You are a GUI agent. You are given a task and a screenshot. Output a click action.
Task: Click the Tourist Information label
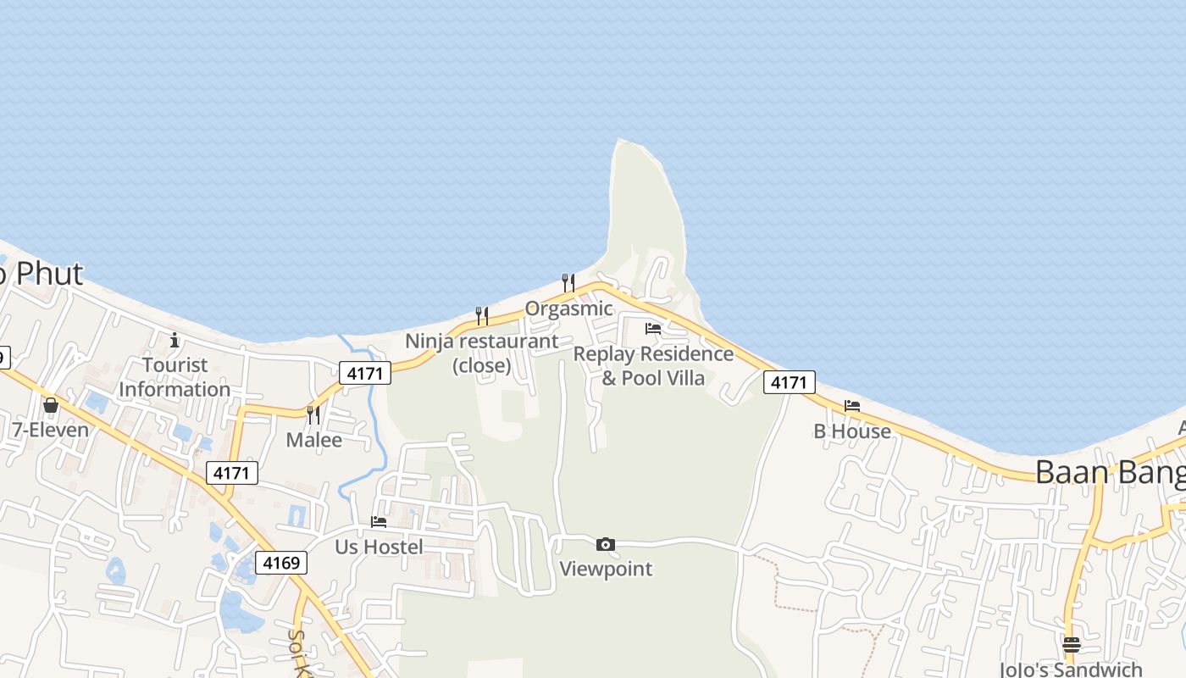(175, 377)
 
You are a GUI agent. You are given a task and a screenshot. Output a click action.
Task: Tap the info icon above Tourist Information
(175, 340)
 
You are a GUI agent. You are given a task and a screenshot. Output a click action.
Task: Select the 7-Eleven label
(50, 430)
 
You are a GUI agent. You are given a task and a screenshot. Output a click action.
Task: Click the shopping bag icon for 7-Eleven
(51, 405)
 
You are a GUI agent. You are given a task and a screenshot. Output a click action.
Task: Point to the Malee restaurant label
(314, 440)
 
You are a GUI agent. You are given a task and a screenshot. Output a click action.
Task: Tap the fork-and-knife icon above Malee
(313, 414)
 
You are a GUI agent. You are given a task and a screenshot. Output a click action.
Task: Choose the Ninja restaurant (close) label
(482, 353)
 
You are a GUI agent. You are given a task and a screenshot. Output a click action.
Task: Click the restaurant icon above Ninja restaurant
(482, 316)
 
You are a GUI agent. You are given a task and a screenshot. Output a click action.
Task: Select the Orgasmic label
(568, 308)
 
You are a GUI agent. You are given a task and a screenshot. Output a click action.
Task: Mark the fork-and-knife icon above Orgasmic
(568, 282)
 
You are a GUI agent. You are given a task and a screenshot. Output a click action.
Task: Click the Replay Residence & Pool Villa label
(653, 365)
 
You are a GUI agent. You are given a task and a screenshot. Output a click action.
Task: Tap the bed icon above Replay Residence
(653, 329)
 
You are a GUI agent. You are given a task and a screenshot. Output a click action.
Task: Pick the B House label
(852, 431)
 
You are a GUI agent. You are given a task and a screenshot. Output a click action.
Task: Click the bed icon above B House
(852, 406)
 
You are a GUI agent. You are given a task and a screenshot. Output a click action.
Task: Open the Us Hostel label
(379, 547)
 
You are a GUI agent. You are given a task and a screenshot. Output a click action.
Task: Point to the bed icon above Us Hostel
(379, 522)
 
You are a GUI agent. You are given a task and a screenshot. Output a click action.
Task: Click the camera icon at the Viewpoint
(606, 544)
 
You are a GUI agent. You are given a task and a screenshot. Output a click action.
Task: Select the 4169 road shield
(280, 562)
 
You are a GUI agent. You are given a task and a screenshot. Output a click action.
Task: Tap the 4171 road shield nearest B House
(790, 382)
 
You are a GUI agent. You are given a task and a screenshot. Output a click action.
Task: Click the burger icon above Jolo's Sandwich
(1072, 644)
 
